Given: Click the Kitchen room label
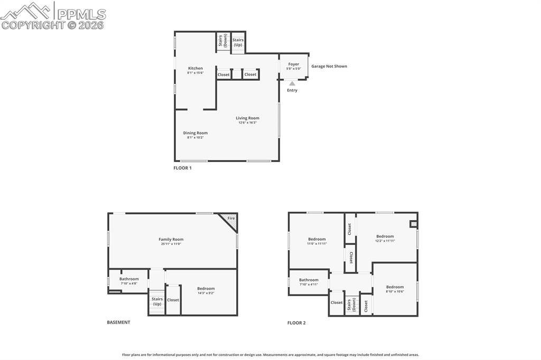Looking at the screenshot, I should (x=195, y=68).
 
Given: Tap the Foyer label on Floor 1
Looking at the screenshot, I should (x=294, y=64).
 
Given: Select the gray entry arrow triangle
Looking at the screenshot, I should (x=292, y=83).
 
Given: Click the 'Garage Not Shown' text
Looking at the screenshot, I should (x=329, y=67).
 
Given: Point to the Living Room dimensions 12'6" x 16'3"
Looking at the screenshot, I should (x=247, y=122).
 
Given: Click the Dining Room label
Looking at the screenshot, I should (x=195, y=133).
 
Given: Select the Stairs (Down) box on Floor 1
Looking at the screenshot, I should (x=222, y=42).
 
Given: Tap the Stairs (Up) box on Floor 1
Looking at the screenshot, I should (x=238, y=42).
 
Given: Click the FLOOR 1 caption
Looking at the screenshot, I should (x=182, y=168).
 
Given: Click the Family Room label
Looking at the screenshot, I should (x=171, y=239).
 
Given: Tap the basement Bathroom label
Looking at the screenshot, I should (x=129, y=279).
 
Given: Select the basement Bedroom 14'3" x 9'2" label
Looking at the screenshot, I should (x=206, y=288).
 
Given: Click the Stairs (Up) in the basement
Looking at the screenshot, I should (x=157, y=301).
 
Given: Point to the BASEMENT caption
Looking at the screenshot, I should (x=118, y=322).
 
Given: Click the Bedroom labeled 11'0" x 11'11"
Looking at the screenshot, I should (x=317, y=239).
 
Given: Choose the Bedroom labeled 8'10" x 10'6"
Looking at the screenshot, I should (x=395, y=287).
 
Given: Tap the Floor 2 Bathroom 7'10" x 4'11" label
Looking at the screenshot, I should (x=309, y=280).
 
